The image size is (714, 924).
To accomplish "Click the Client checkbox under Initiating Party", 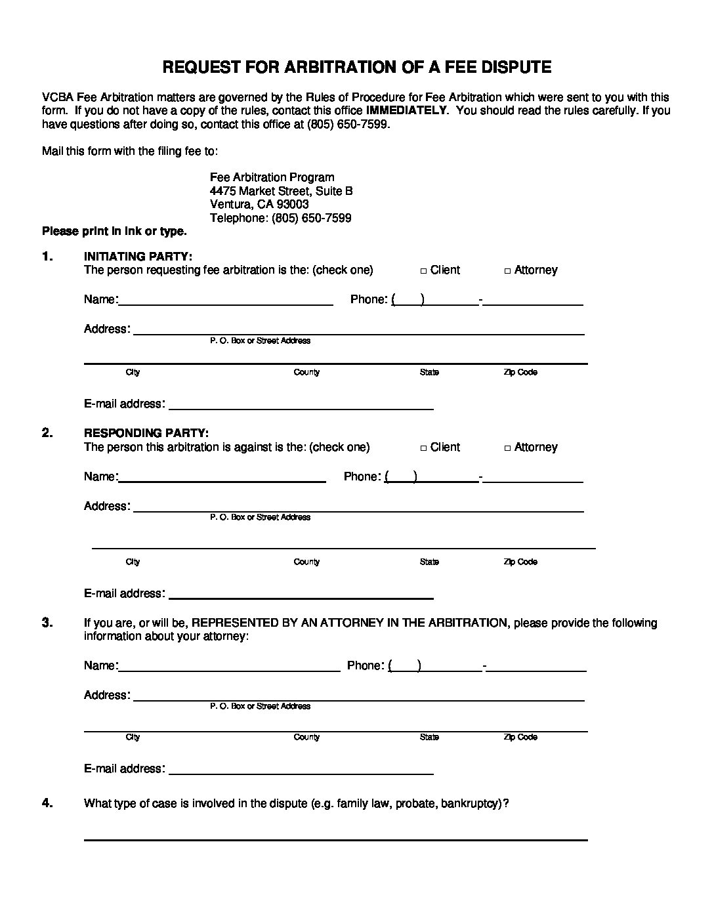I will [x=424, y=271].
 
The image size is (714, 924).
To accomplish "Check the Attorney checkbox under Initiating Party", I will [x=508, y=271].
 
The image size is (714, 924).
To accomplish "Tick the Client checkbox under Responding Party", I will [x=424, y=448].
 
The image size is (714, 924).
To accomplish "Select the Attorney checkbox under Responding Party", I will [x=508, y=448].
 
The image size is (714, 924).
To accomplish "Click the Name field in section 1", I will [x=226, y=301].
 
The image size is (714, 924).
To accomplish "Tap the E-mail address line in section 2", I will [x=301, y=594].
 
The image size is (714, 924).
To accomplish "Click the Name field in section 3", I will [x=229, y=666].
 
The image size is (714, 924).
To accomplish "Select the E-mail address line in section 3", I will [x=301, y=769].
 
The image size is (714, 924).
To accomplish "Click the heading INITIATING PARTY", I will [x=138, y=256].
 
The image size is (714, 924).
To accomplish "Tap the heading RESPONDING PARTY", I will [x=146, y=433].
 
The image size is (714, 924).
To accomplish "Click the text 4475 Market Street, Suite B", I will [x=281, y=191].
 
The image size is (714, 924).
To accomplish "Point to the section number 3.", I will [x=47, y=623].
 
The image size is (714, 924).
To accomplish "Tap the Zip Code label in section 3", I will [x=520, y=737].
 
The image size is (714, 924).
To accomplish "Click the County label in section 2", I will [x=306, y=562].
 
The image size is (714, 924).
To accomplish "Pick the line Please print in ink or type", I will [x=114, y=231].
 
